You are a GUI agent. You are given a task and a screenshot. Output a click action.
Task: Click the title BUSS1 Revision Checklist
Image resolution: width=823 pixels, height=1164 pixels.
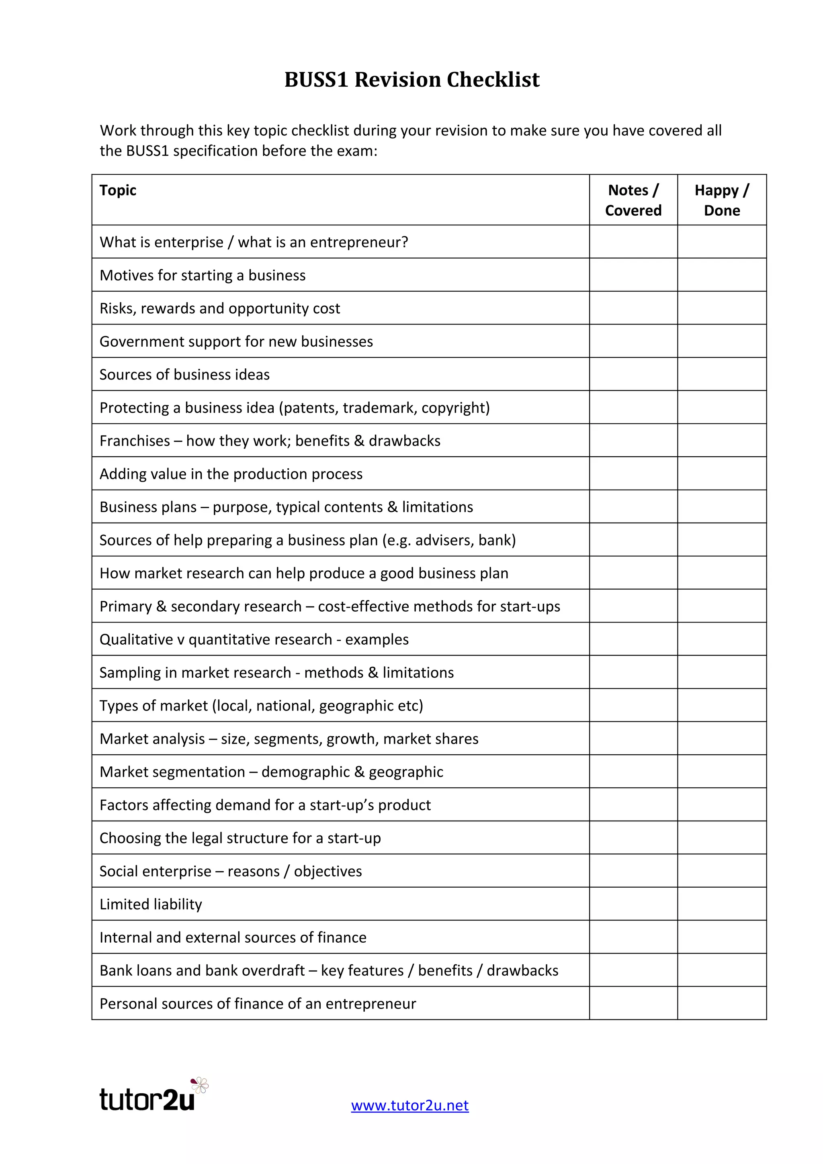pos(412,80)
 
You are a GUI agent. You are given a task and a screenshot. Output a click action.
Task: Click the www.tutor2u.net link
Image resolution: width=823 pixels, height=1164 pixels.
pos(410,1105)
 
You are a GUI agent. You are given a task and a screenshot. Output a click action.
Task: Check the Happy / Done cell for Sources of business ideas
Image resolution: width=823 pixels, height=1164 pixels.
pos(722,374)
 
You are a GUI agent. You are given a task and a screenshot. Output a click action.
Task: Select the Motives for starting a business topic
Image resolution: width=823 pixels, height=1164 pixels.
pos(202,275)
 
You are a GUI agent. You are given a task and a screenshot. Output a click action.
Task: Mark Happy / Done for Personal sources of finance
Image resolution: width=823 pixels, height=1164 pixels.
pos(722,1003)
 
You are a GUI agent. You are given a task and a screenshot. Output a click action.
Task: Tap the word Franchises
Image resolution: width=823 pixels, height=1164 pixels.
pos(134,441)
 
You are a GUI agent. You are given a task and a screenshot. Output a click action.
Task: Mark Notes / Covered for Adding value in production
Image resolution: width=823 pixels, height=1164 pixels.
pos(633,474)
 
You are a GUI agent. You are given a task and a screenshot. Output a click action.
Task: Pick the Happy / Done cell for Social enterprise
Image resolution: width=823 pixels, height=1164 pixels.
pos(722,871)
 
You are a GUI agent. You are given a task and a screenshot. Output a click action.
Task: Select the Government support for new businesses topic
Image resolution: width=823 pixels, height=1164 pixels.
pos(236,342)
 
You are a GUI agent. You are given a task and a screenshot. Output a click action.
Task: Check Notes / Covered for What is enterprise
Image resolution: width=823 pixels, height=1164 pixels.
pos(633,242)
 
